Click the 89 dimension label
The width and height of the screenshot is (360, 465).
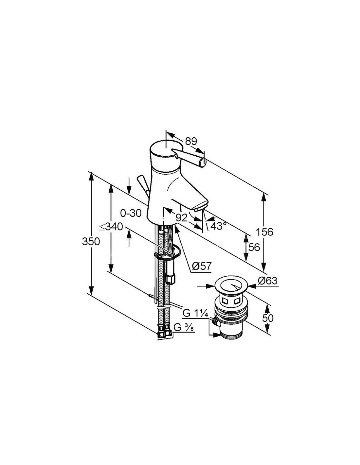coord(191,142)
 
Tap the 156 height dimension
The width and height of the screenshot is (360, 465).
coord(265,232)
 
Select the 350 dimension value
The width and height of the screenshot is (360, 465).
coord(91,242)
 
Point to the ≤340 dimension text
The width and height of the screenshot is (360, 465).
coord(111,227)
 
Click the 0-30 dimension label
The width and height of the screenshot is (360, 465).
coord(131,213)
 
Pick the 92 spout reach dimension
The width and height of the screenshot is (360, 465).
coord(181,218)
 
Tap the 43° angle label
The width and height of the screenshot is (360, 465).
coord(218,226)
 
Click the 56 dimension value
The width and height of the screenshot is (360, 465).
coord(254,247)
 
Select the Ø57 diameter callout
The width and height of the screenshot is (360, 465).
coord(202,267)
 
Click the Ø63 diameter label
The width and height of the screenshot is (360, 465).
coord(267,281)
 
